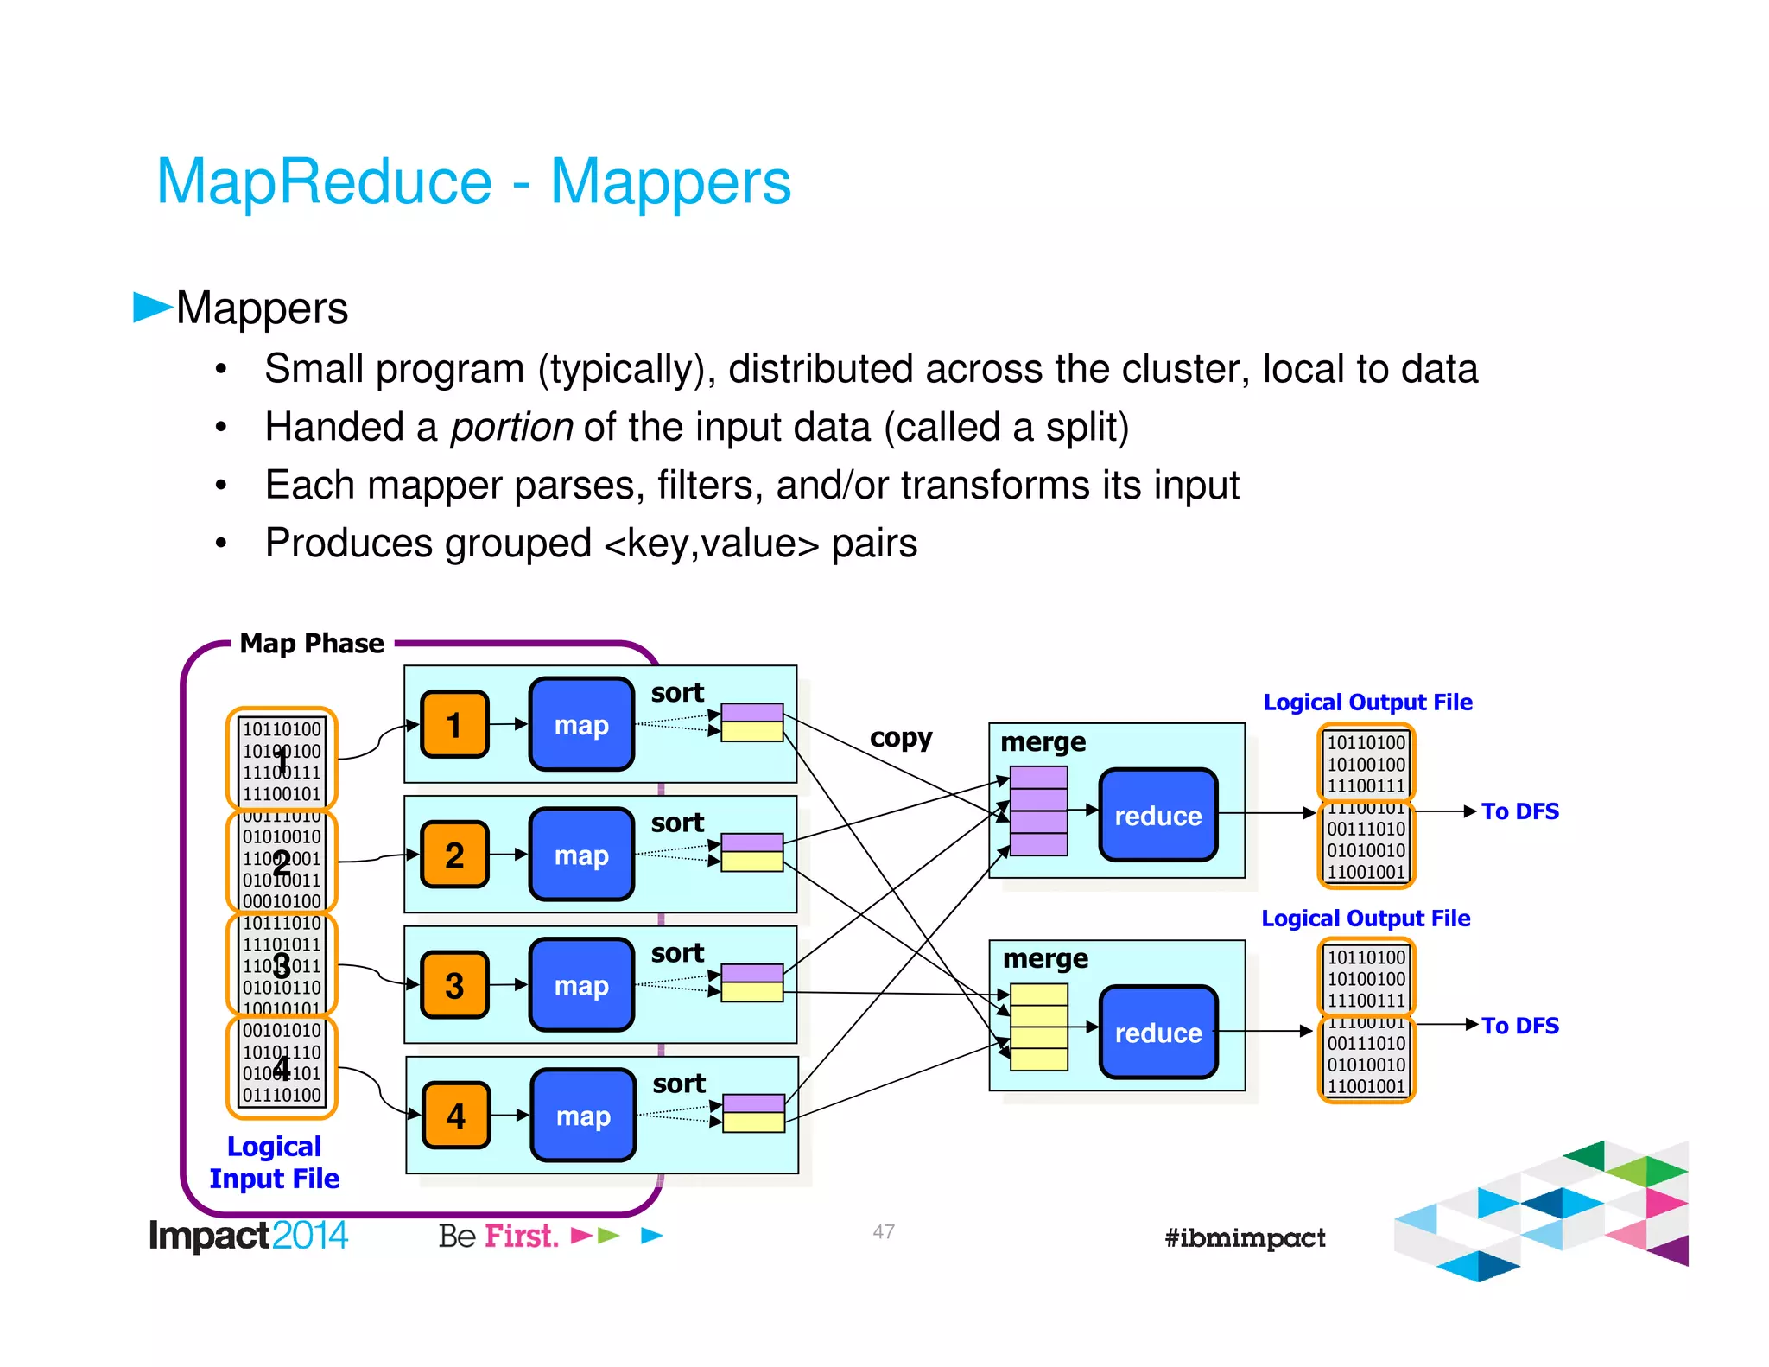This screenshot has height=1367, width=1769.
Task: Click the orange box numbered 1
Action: point(454,724)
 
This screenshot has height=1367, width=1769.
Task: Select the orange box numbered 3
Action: point(454,985)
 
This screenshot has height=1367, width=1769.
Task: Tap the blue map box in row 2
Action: point(581,855)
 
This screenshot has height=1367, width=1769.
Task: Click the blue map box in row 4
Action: point(583,1116)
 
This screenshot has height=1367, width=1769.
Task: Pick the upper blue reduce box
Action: point(1157,815)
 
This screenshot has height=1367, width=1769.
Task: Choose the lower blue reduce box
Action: point(1157,1032)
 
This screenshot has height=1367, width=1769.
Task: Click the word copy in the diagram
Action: point(900,737)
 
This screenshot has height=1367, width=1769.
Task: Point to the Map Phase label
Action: point(312,644)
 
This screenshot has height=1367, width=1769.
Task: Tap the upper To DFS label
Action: point(1519,811)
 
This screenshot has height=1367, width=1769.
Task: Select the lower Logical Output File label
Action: point(1366,918)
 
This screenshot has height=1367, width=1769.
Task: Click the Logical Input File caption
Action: point(275,1162)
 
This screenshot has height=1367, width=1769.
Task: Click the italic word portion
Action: point(511,427)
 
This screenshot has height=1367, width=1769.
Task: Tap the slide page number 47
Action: point(883,1231)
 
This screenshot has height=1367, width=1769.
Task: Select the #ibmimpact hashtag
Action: point(1244,1237)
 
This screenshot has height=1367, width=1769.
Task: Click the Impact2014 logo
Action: point(248,1235)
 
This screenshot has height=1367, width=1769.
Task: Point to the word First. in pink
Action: point(521,1236)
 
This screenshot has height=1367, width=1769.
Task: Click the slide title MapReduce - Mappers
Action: point(473,181)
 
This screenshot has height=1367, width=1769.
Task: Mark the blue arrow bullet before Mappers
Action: point(152,307)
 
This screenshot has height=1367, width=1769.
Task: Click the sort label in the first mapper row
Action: point(677,692)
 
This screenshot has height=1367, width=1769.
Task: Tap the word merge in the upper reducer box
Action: point(1043,742)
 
